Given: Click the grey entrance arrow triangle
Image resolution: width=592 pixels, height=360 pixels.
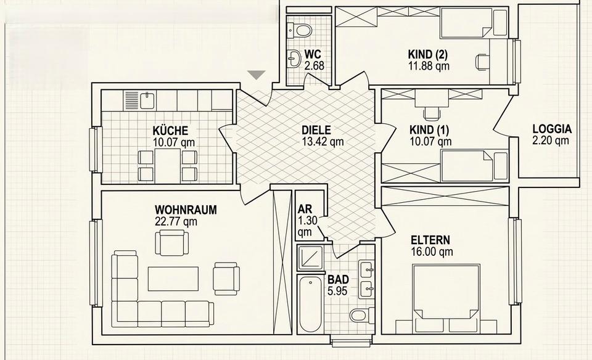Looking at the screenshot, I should (x=257, y=75).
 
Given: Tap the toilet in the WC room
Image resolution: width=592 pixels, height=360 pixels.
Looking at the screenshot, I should (x=302, y=28).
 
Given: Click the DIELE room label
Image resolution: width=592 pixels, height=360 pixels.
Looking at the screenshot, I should (x=316, y=130).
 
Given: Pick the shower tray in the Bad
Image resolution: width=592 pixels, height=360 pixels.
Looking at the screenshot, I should (x=310, y=258).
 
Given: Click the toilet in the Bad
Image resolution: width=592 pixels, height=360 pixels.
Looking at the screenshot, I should (x=360, y=316).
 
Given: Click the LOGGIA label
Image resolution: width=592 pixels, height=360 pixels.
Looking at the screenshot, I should (x=552, y=129).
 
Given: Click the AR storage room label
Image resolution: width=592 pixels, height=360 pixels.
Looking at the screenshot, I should (x=304, y=209).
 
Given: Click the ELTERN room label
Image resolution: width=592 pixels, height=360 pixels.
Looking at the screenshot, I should (x=430, y=240).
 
